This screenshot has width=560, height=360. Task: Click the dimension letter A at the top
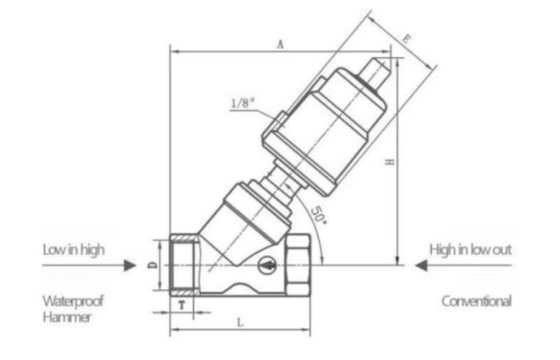[281, 44]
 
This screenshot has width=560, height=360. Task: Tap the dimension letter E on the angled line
[406, 38]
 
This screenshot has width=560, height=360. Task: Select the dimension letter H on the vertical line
[390, 161]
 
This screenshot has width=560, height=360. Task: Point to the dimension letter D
[153, 265]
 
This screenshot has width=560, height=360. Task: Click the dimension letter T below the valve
[182, 305]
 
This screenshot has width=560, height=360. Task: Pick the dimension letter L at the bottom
[240, 323]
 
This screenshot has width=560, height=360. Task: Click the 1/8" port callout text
[244, 103]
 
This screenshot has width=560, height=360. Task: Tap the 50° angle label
[318, 215]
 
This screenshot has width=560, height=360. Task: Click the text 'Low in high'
[74, 250]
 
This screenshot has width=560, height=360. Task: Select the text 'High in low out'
[470, 250]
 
